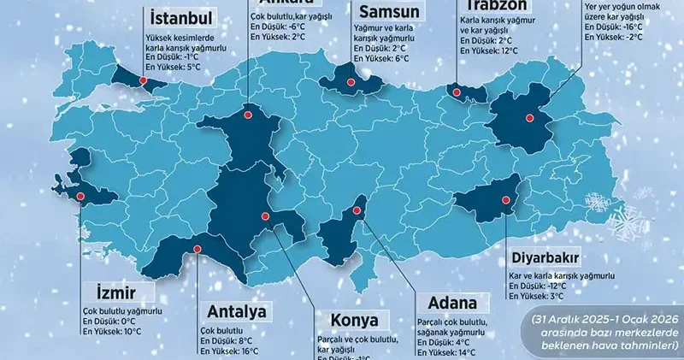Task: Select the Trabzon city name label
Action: pos(495,5)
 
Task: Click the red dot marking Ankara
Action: pos(247,112)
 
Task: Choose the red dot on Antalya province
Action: pos(197,251)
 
